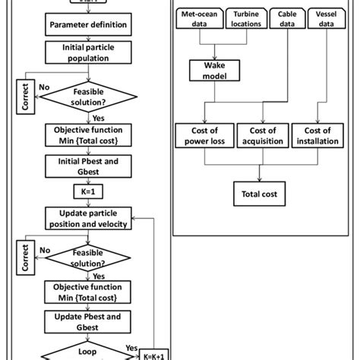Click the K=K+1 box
152,353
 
